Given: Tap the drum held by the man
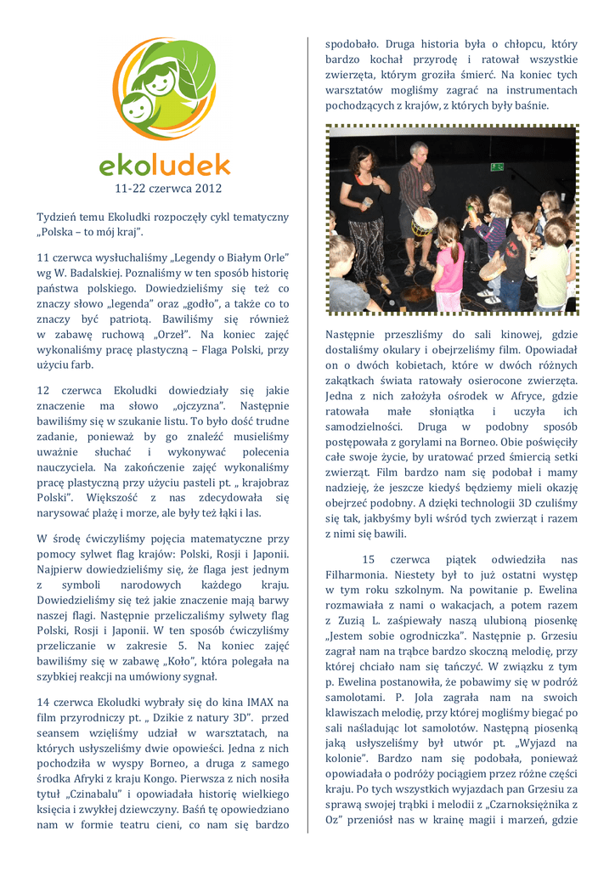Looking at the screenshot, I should [x=424, y=223].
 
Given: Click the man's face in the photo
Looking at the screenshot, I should [x=418, y=153].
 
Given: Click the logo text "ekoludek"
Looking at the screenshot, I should [x=164, y=164].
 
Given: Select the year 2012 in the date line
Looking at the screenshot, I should [x=207, y=187].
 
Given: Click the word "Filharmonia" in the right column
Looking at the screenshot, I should [x=355, y=574].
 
